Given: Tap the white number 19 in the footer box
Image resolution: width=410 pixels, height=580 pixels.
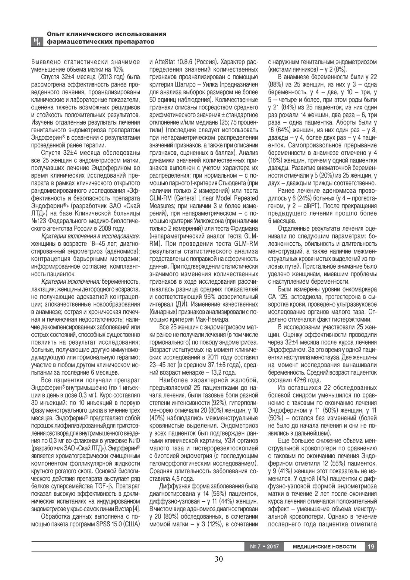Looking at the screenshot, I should (x=370, y=546).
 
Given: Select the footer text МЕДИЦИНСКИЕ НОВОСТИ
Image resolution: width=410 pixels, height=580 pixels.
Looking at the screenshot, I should (x=324, y=546).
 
